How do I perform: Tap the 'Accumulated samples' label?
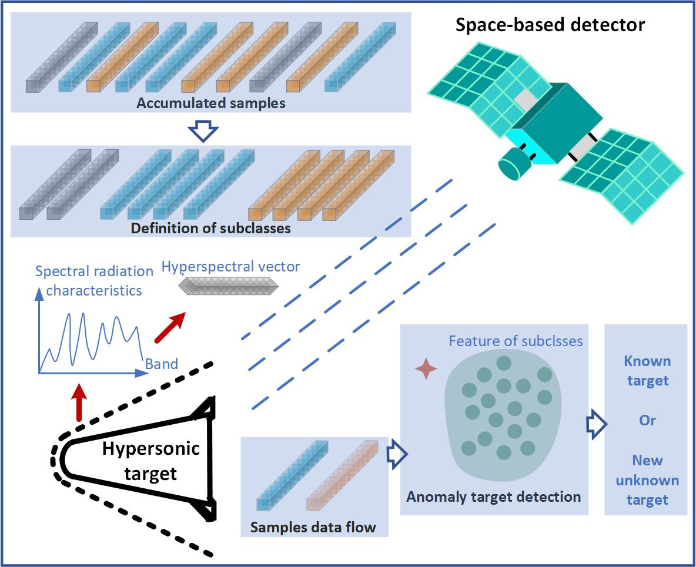pos(211,103)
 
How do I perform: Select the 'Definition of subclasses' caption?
pos(211,228)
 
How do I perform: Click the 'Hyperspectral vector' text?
pos(230,266)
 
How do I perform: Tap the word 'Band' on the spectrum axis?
pos(162,364)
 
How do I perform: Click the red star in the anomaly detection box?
pos(426,369)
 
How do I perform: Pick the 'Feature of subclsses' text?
pos(516,341)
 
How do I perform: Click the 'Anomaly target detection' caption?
pos(493,496)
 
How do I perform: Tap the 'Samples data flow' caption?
pos(313,526)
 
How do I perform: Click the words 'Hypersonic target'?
pos(150,461)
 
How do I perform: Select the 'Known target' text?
pos(647,370)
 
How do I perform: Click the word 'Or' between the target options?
pos(647,421)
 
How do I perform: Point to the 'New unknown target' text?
pos(647,480)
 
